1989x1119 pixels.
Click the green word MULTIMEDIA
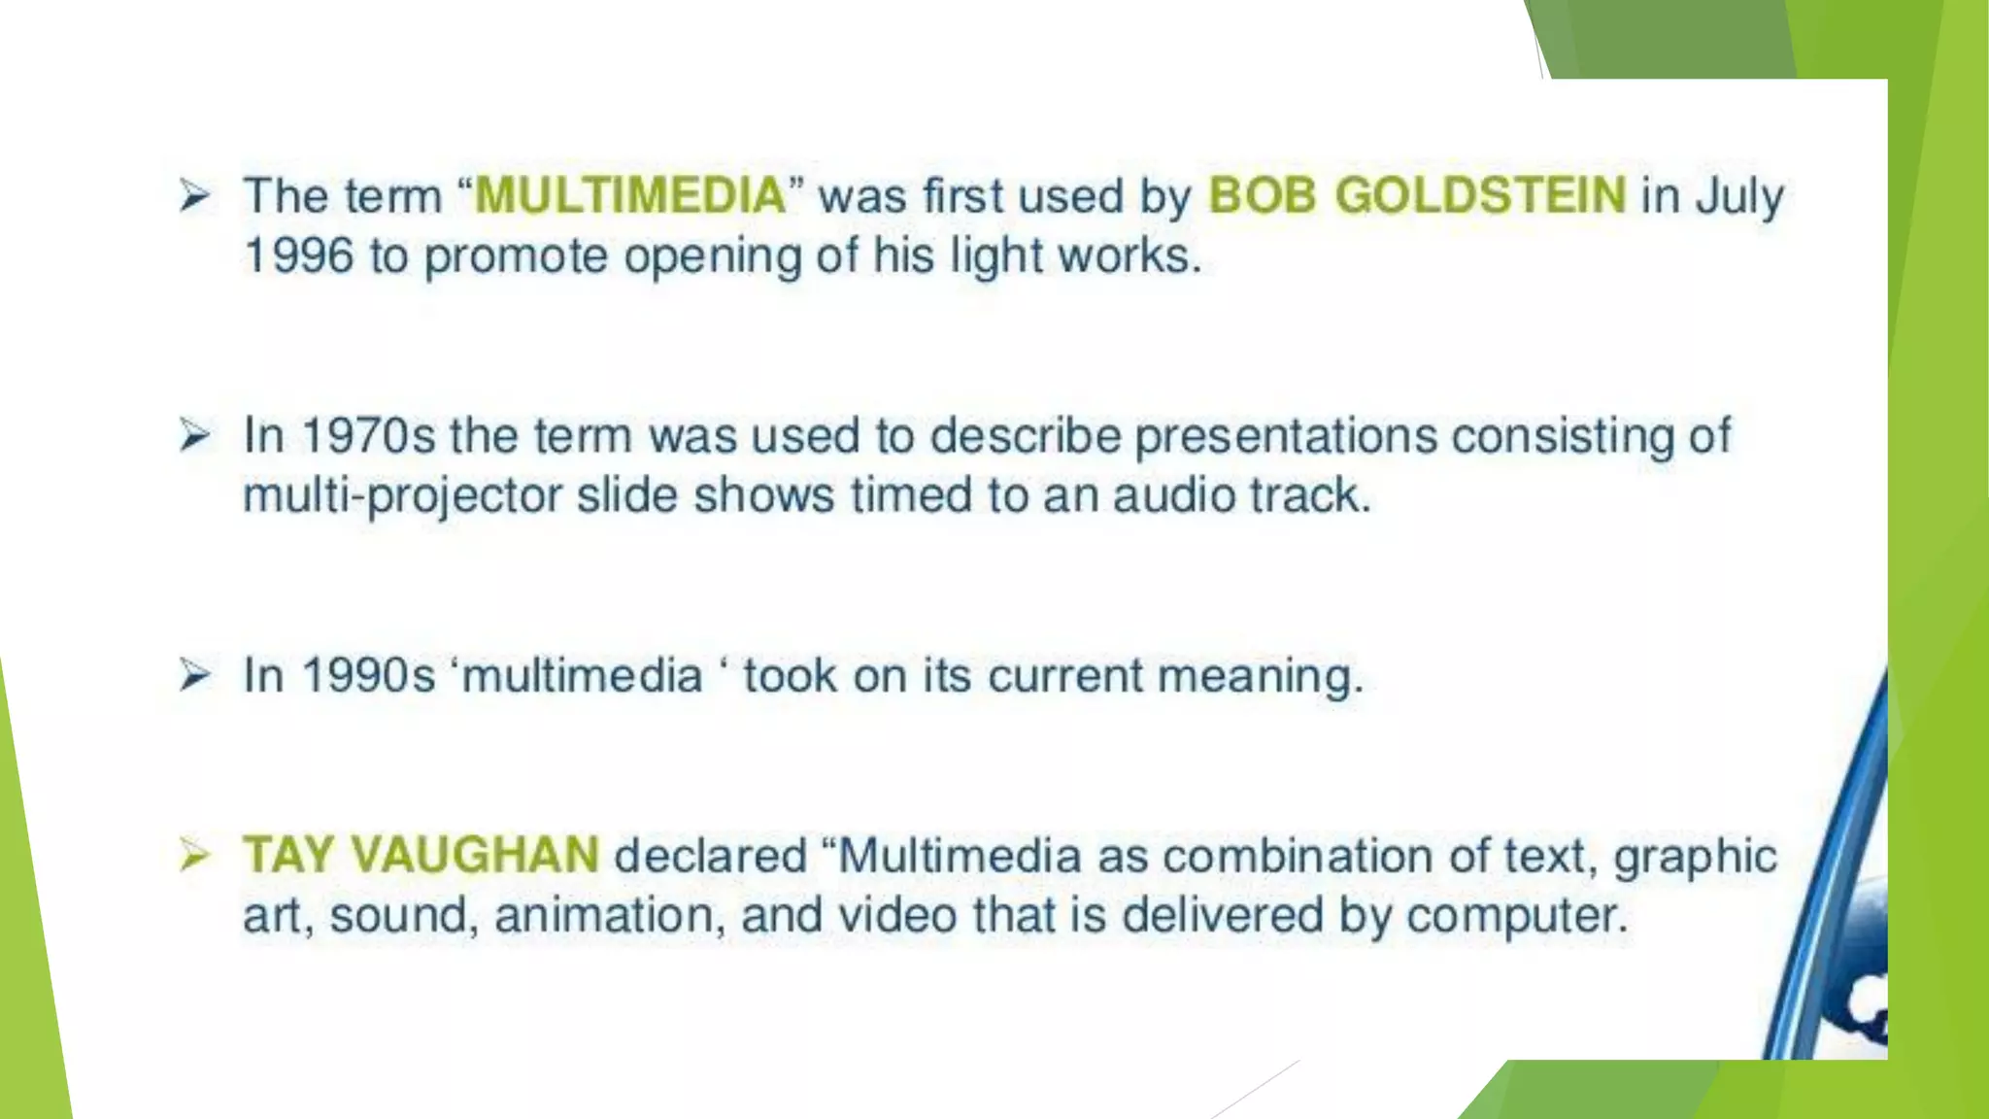[x=629, y=195]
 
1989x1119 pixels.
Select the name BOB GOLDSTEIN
[x=1416, y=195]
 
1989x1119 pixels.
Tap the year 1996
[x=297, y=256]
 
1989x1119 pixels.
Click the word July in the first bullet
[x=1739, y=197]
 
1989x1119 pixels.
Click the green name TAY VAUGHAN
[x=421, y=856]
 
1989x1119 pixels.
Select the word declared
[x=710, y=856]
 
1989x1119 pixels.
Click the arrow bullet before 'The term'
[x=194, y=196]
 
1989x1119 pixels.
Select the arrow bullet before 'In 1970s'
[x=194, y=435]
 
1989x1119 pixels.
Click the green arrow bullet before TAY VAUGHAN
[x=194, y=856]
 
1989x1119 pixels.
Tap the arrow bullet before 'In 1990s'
[x=194, y=675]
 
